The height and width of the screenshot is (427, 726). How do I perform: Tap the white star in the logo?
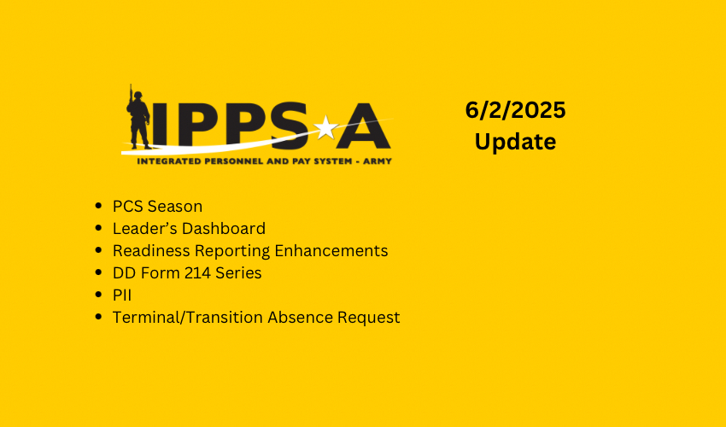[x=325, y=128]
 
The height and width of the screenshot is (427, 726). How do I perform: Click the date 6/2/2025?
[x=515, y=109]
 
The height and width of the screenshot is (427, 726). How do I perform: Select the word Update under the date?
[x=515, y=141]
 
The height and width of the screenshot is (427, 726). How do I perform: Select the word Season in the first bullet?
[x=175, y=207]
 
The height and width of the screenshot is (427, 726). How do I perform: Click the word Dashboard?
[x=225, y=229]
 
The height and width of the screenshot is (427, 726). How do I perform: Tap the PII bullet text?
[x=122, y=295]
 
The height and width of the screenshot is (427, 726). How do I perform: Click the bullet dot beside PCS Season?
[x=101, y=208]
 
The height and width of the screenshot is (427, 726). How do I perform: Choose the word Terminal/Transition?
[x=188, y=318]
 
